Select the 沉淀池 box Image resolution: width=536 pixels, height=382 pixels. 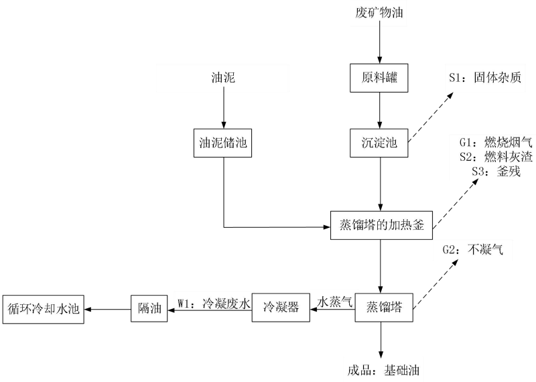(x=381, y=143)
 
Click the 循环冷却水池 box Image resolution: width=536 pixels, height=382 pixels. (x=44, y=308)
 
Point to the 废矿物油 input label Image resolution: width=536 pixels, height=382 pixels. (x=380, y=13)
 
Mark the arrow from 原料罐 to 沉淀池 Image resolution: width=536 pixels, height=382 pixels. (x=381, y=109)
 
